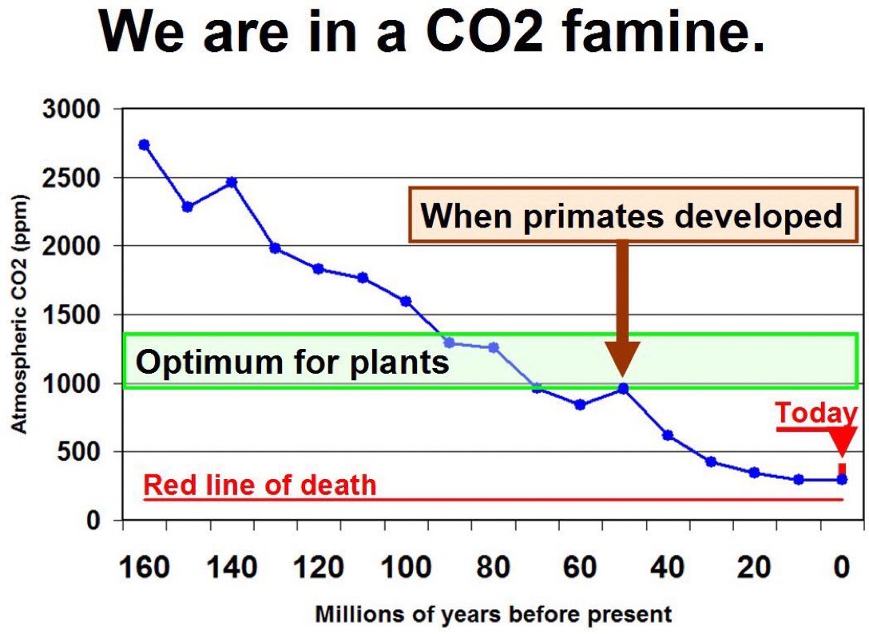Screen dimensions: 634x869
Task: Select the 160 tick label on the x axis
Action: [144, 569]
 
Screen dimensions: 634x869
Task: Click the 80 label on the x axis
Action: [493, 569]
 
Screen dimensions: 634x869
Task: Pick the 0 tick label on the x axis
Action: [841, 569]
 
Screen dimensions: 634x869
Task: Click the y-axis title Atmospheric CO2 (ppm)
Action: [19, 315]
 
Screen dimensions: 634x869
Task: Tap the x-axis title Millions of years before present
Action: [494, 615]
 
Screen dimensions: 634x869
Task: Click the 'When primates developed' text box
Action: [631, 215]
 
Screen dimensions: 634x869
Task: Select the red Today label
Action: [815, 414]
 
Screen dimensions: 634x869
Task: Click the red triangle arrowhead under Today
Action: [841, 442]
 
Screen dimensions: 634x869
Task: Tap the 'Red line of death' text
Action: [259, 485]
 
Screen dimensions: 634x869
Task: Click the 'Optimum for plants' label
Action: [292, 362]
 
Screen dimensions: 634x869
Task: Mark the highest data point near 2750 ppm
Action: [144, 145]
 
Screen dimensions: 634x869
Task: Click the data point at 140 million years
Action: [232, 182]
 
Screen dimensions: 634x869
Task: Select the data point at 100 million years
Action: [406, 301]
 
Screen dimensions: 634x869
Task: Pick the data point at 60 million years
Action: [580, 405]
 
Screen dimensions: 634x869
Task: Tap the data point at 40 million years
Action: [668, 435]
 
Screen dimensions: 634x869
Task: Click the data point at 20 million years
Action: [754, 473]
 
